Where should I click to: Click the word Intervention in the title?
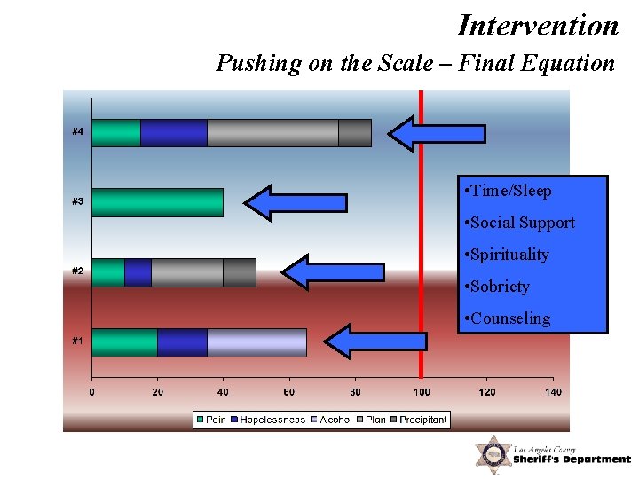(x=538, y=25)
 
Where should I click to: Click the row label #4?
(x=78, y=132)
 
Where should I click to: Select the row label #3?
(x=78, y=201)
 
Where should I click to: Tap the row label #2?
(x=78, y=271)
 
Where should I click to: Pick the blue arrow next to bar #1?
(x=375, y=342)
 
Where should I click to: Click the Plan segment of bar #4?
(x=272, y=133)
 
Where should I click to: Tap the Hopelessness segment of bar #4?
(x=173, y=133)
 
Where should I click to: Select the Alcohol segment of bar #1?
(x=256, y=342)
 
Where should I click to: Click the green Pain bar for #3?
(x=157, y=202)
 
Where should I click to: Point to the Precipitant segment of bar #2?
(x=239, y=272)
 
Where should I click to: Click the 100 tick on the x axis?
(x=422, y=391)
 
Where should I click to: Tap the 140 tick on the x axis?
(x=553, y=391)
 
